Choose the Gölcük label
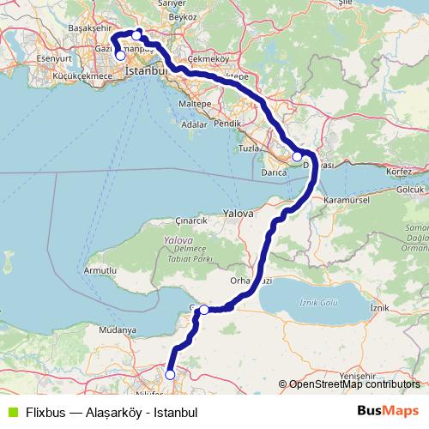412,189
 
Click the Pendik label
229,124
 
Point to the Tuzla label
250,149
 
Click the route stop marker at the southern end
170,374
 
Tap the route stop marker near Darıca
297,157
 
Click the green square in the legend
10,411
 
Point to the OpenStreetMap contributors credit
353,384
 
